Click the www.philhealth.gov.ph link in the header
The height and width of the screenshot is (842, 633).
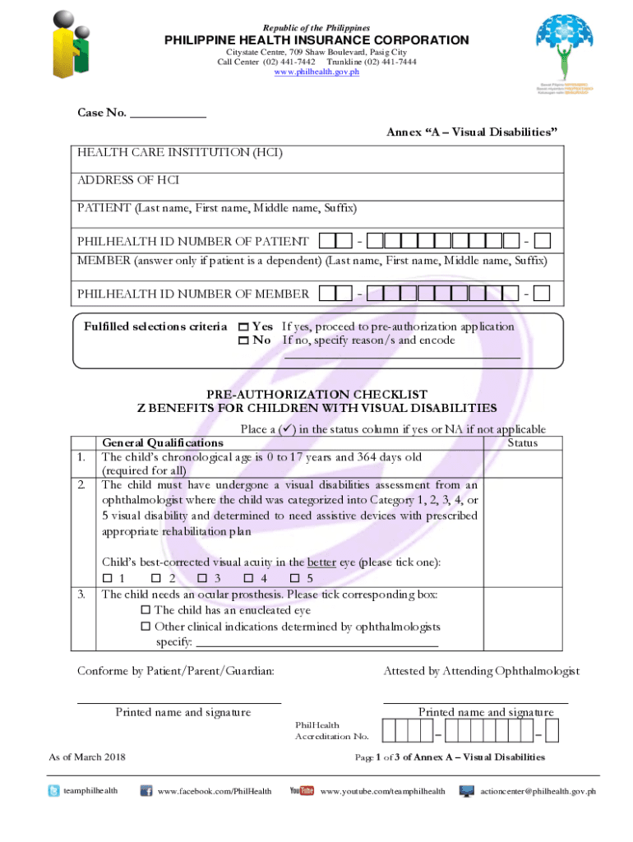[x=316, y=72]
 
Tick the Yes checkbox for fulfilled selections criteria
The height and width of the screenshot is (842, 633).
[x=243, y=327]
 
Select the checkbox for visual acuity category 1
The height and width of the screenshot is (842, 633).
[x=106, y=579]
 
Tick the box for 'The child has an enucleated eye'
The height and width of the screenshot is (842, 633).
[x=146, y=611]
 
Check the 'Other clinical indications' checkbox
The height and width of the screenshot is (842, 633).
[x=146, y=627]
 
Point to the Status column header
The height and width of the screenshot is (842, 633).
[x=522, y=443]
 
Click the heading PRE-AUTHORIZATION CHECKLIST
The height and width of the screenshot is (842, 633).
[x=316, y=395]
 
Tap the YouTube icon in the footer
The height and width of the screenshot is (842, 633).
[x=302, y=791]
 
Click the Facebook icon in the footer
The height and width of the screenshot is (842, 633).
[x=146, y=791]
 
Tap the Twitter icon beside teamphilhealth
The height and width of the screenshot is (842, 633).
[x=53, y=791]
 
